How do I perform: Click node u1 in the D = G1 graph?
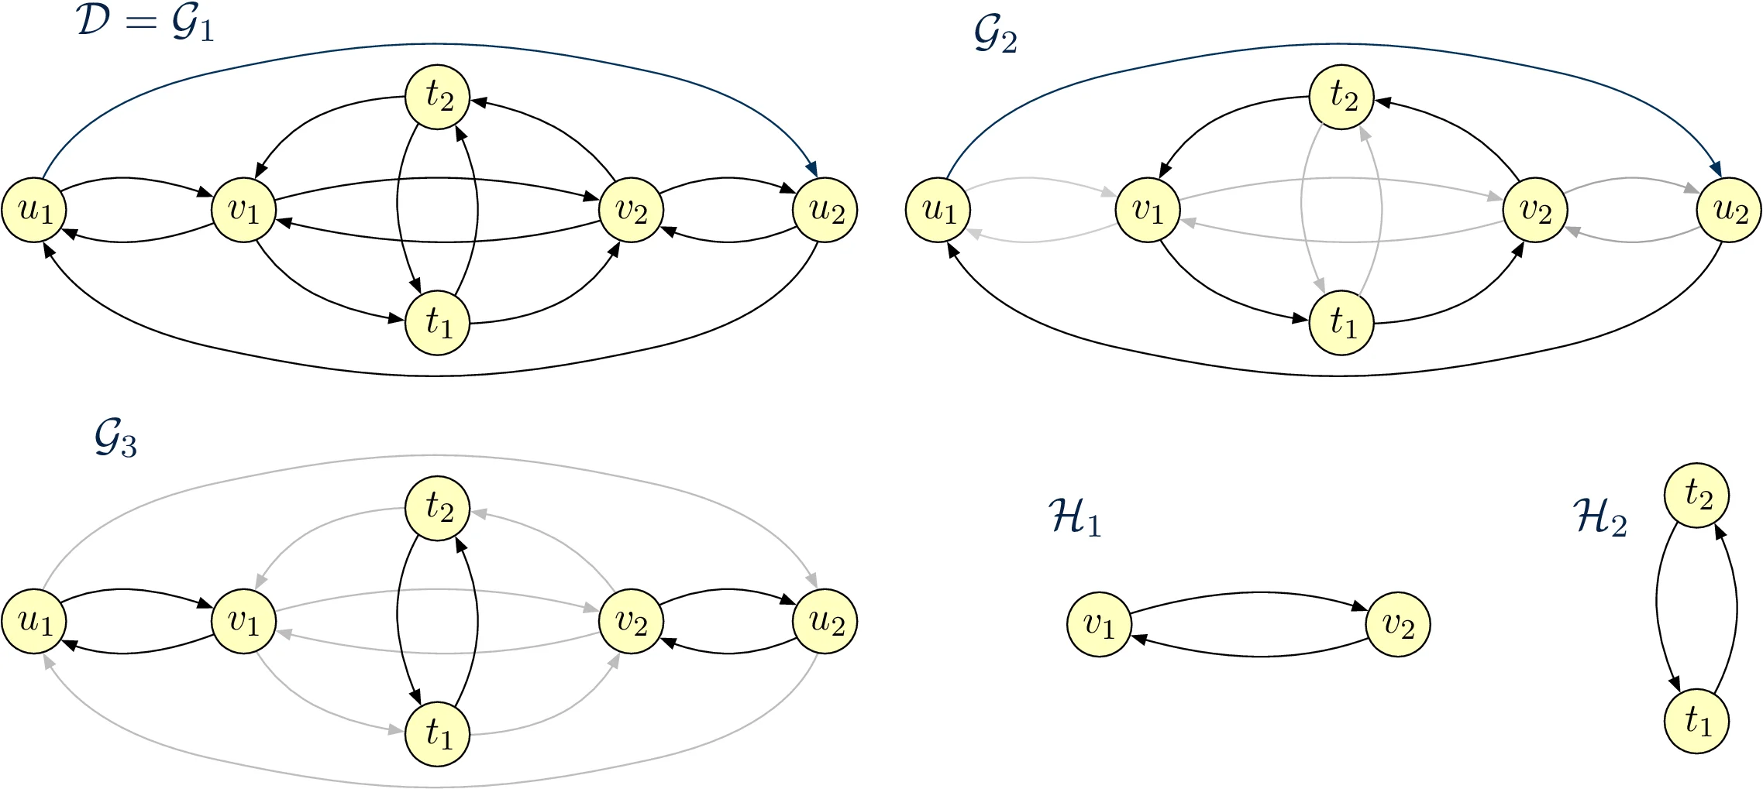34,211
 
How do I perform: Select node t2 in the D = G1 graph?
438,97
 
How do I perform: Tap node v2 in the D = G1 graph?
632,211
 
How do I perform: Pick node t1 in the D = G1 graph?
438,322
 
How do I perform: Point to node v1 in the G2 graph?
1148,211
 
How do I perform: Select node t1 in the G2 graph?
1341,322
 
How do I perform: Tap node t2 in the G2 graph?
1341,97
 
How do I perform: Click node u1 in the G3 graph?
34,622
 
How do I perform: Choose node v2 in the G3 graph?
632,622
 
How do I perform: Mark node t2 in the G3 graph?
438,508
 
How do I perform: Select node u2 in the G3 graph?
825,622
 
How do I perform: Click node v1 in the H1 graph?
1099,624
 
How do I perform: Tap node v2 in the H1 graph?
1399,624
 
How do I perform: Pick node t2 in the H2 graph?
1697,496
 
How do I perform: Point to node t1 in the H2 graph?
1697,721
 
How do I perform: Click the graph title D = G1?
145,23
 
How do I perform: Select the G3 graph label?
115,441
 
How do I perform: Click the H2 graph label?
1600,517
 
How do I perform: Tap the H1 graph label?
1074,517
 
